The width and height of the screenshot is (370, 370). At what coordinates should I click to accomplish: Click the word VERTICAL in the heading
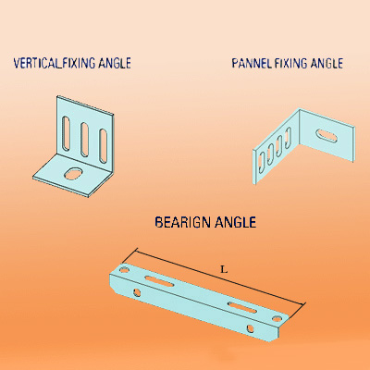[36, 63]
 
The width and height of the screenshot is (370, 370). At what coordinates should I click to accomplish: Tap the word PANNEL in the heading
[252, 64]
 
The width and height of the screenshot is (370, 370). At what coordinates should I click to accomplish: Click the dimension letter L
[224, 270]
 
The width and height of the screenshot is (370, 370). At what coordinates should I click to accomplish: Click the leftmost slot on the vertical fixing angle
[66, 133]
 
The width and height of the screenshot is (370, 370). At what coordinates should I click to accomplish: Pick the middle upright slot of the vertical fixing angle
[84, 140]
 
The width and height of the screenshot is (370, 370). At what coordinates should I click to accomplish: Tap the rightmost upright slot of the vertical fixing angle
[104, 146]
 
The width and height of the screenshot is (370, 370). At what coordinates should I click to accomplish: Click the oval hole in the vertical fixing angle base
[73, 173]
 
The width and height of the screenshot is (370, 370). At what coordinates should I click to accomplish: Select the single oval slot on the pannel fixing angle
[326, 136]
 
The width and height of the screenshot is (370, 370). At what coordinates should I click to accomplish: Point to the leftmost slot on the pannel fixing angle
[261, 160]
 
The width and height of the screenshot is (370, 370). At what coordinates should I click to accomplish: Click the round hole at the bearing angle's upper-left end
[124, 270]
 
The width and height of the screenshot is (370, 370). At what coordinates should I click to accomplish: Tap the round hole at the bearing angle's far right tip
[277, 319]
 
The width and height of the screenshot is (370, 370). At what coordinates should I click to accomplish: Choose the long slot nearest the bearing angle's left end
[159, 281]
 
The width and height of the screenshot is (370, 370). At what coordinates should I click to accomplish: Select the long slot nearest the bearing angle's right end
[242, 308]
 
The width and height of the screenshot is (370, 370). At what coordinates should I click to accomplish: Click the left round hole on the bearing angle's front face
[136, 292]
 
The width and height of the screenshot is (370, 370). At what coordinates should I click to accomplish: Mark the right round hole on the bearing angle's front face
[251, 328]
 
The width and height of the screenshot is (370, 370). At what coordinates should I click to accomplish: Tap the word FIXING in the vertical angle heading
[79, 63]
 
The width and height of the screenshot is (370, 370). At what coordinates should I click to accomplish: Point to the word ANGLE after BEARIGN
[235, 222]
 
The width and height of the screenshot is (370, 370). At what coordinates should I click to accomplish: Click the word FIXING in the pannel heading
[291, 64]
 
